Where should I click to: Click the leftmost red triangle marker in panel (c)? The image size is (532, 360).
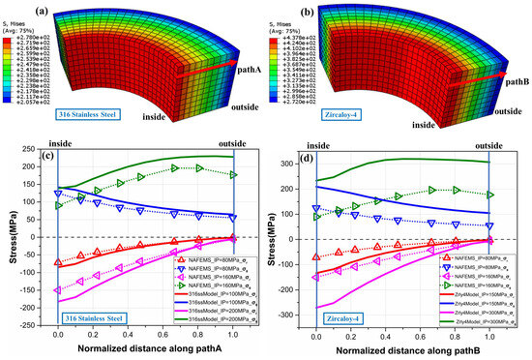pos(58,262)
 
